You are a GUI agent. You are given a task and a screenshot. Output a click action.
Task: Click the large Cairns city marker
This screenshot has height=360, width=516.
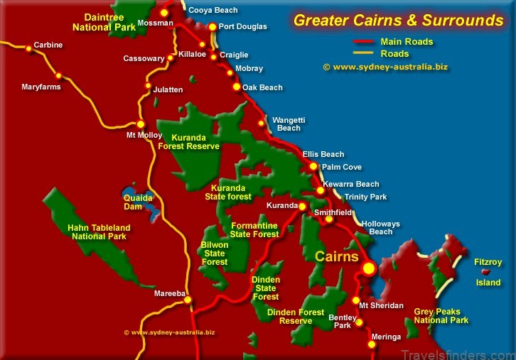[x=368, y=268]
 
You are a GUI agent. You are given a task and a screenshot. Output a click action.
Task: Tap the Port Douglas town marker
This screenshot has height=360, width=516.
[x=212, y=27]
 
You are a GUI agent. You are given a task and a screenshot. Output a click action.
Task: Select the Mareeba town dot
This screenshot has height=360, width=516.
[x=188, y=300]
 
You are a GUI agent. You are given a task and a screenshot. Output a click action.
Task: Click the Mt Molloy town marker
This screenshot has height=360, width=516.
[x=141, y=124]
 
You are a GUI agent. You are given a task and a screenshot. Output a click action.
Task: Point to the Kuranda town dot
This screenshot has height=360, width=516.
[x=302, y=207]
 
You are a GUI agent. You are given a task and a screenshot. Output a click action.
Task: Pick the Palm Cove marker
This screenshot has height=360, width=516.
[x=313, y=166]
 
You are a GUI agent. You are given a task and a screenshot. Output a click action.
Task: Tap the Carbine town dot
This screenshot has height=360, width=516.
[x=28, y=48]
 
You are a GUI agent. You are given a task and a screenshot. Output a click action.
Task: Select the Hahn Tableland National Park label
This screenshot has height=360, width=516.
[x=99, y=231]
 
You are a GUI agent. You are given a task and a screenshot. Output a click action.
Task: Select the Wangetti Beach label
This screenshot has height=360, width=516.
[x=289, y=124]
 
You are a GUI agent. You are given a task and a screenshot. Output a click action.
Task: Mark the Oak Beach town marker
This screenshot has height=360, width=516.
[x=237, y=87]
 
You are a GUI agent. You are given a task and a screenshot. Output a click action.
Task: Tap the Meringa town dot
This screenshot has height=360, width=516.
[x=371, y=345]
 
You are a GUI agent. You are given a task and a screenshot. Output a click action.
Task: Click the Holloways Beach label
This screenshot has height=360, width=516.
[x=381, y=228]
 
